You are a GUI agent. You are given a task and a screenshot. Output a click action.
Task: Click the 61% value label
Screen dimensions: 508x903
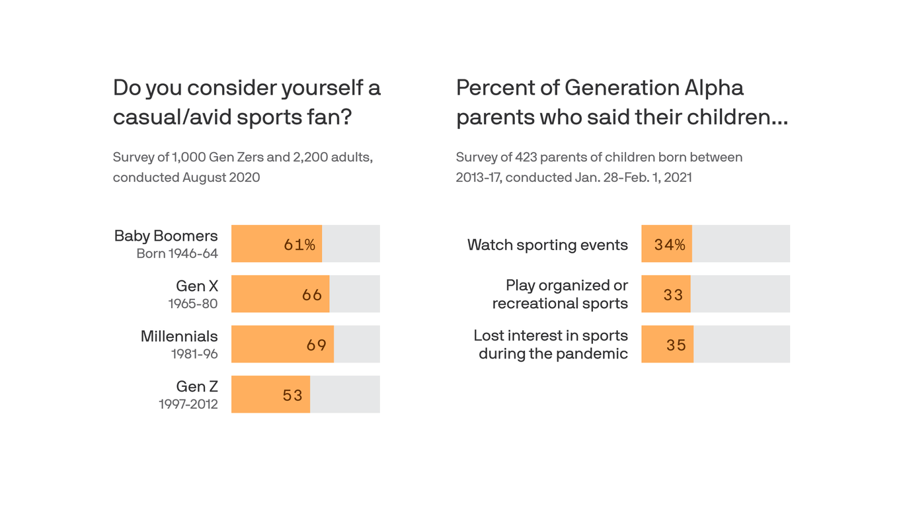coord(299,245)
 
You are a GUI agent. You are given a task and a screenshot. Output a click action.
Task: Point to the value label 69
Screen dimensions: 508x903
coord(317,345)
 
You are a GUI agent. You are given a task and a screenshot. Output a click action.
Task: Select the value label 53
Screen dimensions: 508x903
coord(292,395)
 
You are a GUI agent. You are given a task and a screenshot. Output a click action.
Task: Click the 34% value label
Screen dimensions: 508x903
coord(670,245)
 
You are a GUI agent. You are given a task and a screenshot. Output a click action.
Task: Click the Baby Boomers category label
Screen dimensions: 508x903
coord(165,235)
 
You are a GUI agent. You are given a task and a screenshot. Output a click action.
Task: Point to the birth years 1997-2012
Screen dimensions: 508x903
coord(188,403)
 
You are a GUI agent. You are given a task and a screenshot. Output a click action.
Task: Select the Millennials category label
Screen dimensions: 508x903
coord(178,336)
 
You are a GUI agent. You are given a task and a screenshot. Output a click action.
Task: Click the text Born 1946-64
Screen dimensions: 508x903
coord(177,253)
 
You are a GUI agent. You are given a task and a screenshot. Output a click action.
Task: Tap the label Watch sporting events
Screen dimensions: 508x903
coord(547,245)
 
